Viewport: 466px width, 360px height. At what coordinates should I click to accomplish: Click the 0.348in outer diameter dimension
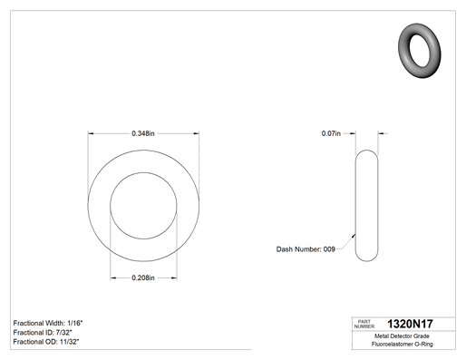pos(143,133)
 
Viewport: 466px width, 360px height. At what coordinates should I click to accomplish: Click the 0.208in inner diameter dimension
pos(143,277)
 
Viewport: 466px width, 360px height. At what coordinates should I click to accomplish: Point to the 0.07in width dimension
pos(331,133)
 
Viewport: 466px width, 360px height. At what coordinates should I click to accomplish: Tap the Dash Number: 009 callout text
pos(306,249)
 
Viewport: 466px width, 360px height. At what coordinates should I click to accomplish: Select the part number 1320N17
pos(410,324)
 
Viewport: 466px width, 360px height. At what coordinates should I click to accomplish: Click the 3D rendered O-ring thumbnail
pos(420,51)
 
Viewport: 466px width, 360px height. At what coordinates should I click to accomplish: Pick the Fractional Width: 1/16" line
pos(48,323)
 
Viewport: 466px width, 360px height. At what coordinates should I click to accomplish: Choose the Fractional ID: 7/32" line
pos(43,333)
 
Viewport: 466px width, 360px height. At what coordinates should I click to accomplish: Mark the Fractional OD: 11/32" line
pos(46,342)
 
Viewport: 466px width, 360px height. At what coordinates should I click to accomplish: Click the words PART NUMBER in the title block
pos(364,324)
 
